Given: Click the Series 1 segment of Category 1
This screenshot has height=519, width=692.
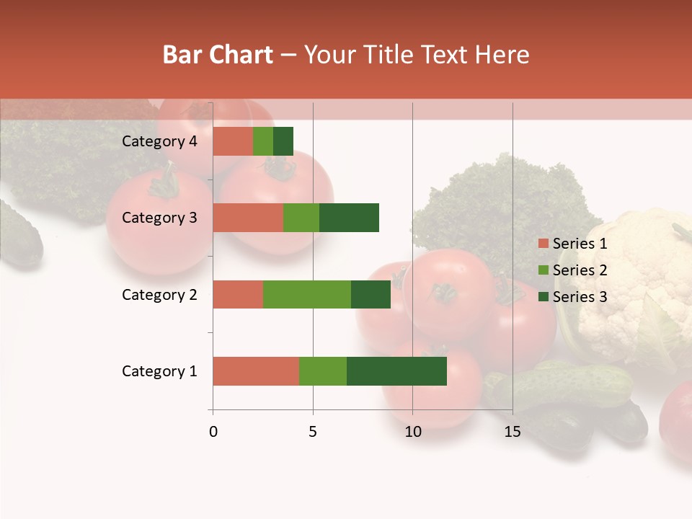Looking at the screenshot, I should [256, 371].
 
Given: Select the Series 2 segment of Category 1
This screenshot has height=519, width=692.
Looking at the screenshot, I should [323, 371].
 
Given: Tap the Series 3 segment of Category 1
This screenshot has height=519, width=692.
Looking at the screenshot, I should [396, 371].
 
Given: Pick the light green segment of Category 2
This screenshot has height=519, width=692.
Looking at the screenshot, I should [307, 294].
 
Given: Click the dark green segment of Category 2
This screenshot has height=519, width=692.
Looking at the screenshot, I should [371, 294].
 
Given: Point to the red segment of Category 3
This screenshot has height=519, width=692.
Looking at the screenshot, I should [248, 218].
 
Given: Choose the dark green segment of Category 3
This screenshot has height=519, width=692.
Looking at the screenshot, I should [349, 218].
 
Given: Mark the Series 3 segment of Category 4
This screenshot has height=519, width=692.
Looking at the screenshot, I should [283, 141].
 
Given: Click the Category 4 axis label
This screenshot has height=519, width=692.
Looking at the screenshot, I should [159, 141].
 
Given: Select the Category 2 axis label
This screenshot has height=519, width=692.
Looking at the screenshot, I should [159, 294].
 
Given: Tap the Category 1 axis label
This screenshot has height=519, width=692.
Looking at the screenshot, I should [159, 371].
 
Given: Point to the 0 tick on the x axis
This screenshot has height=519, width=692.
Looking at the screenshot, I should [213, 432].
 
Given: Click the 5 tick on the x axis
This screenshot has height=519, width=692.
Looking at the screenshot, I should [313, 432].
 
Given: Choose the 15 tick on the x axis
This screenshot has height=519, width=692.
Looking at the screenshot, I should [512, 432].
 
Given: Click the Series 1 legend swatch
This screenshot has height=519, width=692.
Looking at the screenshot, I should [544, 244].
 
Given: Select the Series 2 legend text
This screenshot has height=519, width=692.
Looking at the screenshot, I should [580, 270].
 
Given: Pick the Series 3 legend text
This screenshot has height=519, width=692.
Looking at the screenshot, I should [580, 297].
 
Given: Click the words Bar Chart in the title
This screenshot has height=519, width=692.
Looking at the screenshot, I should [218, 55].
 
